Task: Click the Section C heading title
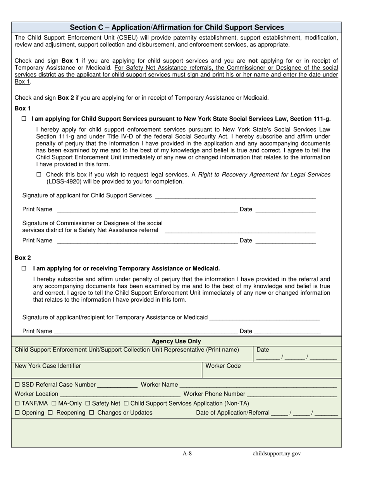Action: pyautogui.click(x=177, y=28)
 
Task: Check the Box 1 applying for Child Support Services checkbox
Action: pyautogui.click(x=24, y=119)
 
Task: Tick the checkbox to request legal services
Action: pyautogui.click(x=38, y=175)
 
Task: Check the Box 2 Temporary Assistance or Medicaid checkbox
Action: pyautogui.click(x=24, y=268)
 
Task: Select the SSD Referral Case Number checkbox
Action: pyautogui.click(x=17, y=385)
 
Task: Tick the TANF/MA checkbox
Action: pyautogui.click(x=17, y=403)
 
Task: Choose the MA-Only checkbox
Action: pyautogui.click(x=54, y=403)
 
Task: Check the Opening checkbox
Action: pyautogui.click(x=17, y=413)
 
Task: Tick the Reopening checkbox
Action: pyautogui.click(x=50, y=413)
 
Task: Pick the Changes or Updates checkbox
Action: pyautogui.click(x=92, y=413)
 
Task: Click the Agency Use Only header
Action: pyautogui.click(x=176, y=341)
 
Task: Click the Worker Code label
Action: pyautogui.click(x=223, y=366)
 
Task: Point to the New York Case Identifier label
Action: pyautogui.click(x=48, y=366)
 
